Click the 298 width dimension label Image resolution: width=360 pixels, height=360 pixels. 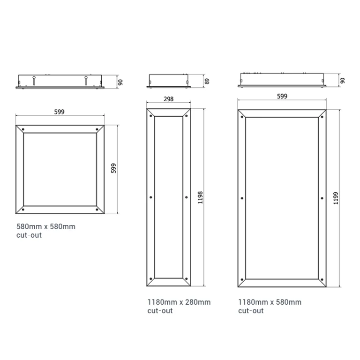point(169,99)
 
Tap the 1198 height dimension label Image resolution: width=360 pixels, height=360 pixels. point(200,197)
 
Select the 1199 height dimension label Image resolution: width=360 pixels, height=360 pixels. point(336,198)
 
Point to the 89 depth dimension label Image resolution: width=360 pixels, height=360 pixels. point(207,81)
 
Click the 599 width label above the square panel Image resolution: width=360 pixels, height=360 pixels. point(59,112)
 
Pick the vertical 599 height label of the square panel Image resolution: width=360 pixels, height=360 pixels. point(113,168)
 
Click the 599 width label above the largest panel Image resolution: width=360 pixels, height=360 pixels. point(282,96)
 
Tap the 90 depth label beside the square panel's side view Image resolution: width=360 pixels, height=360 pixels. point(120,82)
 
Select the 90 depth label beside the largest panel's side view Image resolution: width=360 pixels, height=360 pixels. point(342,81)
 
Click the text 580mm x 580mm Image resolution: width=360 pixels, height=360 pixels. point(46,226)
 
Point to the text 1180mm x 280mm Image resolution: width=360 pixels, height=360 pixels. point(179,302)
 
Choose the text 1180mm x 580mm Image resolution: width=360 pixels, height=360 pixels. point(270,302)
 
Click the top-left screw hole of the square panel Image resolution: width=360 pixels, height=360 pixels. point(23,129)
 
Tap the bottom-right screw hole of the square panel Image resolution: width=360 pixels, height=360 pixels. point(97,210)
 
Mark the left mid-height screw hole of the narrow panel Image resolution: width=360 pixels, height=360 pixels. point(151,197)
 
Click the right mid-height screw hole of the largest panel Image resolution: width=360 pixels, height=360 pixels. point(322,198)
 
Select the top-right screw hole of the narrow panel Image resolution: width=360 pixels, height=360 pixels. point(186,116)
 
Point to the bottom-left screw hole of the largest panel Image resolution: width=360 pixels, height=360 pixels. point(242,280)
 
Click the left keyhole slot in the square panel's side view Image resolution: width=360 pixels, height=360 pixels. point(34,80)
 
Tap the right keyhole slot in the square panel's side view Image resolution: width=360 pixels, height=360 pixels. point(86,80)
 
